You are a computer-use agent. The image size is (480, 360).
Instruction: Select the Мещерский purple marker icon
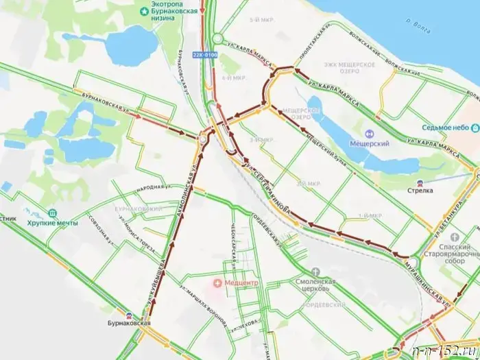(x=369, y=134)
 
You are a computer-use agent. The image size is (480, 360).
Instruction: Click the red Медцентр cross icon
(x=218, y=282)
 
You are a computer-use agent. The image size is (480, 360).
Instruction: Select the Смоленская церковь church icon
(x=315, y=272)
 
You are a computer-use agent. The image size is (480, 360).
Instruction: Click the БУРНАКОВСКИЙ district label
(x=138, y=208)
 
